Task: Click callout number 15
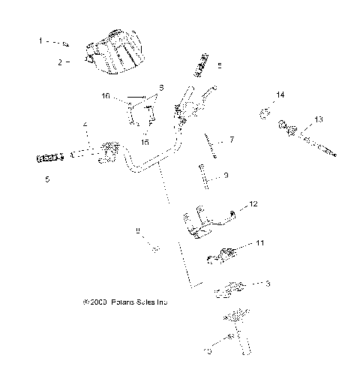[145, 140]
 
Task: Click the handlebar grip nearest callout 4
[49, 158]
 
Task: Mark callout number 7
[232, 140]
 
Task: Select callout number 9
[226, 176]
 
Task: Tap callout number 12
[253, 204]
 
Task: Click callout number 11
[259, 244]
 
